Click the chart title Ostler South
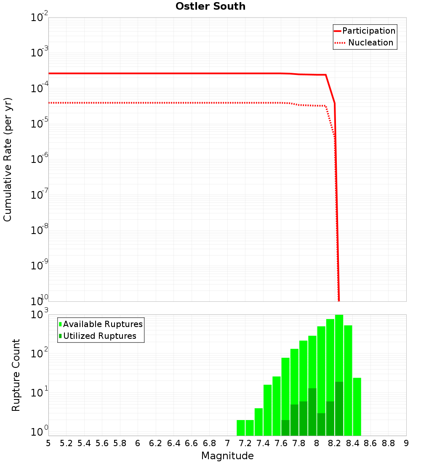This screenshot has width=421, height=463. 210,6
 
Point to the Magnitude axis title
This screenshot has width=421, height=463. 227,456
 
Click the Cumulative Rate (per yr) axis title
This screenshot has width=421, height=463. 8,159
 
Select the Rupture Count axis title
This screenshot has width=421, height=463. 16,375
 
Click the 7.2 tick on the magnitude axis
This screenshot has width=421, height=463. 245,443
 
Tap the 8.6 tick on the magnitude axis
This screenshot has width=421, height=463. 370,443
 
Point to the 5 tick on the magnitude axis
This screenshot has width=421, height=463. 48,443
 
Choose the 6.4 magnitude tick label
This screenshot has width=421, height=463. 173,443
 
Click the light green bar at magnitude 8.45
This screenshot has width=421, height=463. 357,407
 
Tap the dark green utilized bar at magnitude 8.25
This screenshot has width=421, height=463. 339,408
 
